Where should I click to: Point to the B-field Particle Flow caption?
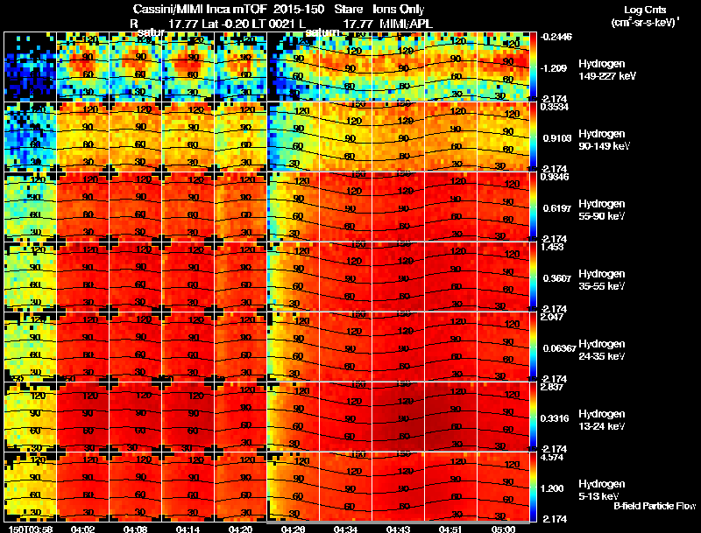(655, 506)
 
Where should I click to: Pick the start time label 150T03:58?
(30, 529)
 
